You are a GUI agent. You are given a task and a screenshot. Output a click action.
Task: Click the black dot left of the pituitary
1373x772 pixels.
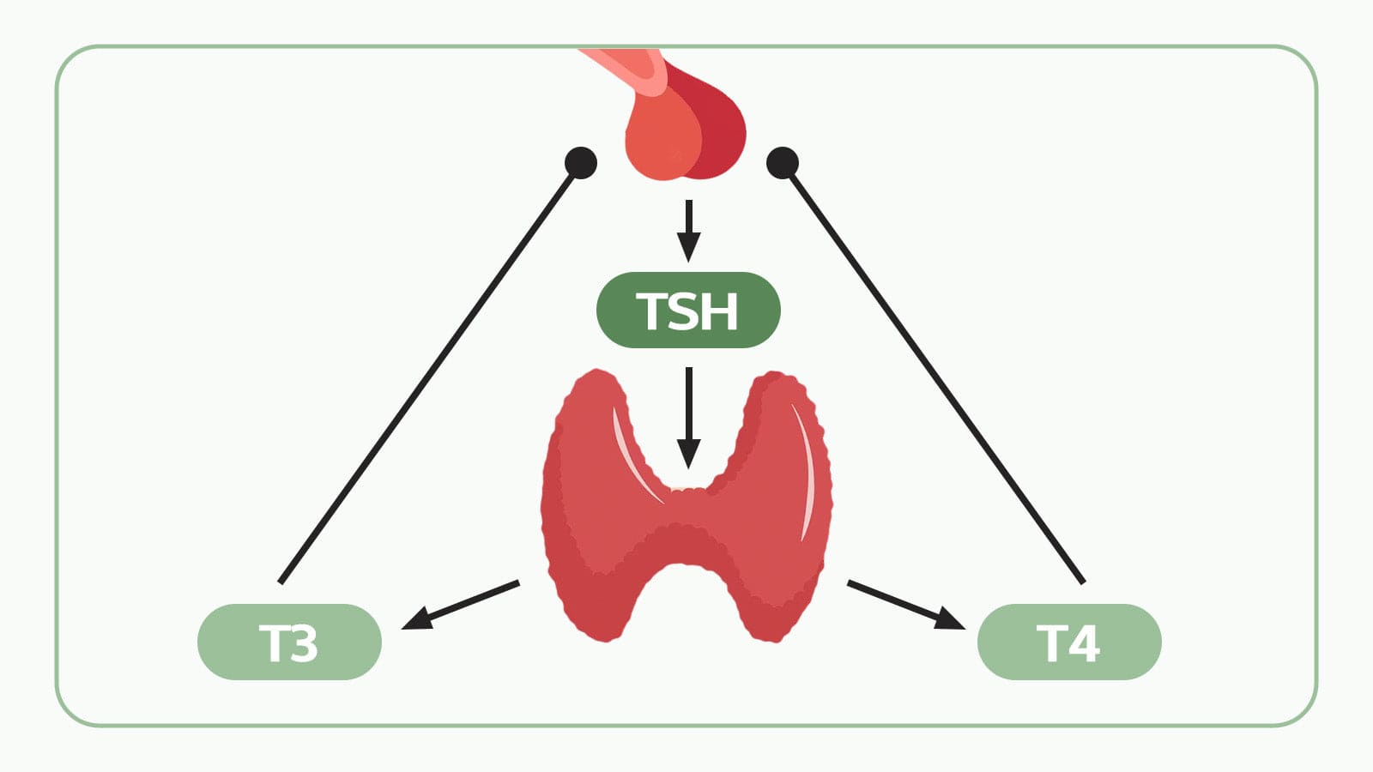click(581, 163)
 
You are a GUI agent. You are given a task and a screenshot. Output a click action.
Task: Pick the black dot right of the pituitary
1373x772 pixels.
click(783, 163)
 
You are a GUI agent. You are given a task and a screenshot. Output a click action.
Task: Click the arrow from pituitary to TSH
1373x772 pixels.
click(688, 231)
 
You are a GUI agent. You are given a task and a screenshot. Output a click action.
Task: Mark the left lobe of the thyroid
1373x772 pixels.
click(592, 506)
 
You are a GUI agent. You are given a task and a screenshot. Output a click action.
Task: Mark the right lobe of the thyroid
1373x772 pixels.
click(781, 506)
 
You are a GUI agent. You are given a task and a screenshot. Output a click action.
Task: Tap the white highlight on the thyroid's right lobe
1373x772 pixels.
click(808, 472)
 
